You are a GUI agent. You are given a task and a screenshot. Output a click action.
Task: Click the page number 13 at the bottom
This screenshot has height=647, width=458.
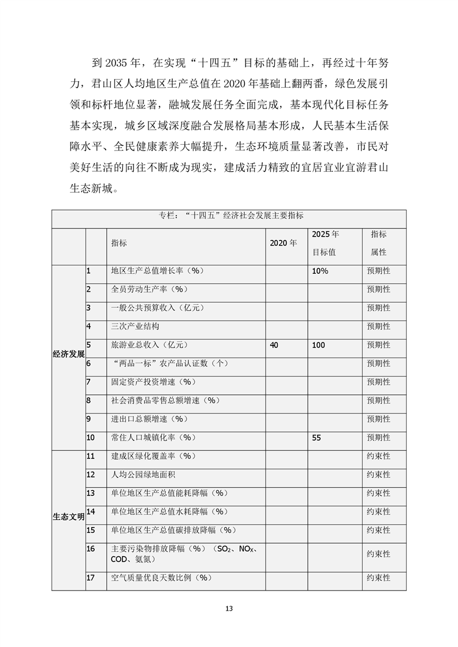point(229,608)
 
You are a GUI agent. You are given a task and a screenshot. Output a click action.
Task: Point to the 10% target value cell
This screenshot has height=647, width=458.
point(320,271)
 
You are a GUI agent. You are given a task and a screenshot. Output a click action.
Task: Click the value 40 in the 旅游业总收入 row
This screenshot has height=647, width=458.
point(274,345)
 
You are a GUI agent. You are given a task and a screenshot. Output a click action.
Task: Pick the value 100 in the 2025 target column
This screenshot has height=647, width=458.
point(318,345)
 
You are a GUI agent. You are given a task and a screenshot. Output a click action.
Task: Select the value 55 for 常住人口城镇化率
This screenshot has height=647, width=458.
point(316,438)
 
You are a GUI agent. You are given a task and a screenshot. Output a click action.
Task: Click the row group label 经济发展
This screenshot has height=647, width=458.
point(68,353)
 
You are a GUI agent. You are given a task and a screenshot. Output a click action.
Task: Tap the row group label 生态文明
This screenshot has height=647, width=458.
point(68,516)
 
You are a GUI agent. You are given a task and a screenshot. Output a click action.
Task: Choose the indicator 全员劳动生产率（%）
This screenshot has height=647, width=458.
point(150,289)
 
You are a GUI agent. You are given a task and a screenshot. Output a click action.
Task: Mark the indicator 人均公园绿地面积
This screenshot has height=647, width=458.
point(139,475)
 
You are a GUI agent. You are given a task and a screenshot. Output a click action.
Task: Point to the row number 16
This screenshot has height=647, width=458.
point(91,548)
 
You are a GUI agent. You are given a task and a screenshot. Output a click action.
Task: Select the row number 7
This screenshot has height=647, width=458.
point(89,382)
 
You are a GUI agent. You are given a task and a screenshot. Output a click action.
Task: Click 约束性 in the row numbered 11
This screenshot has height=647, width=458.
point(378,456)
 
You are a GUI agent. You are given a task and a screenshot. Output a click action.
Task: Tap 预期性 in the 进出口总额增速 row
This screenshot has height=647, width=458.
point(378,419)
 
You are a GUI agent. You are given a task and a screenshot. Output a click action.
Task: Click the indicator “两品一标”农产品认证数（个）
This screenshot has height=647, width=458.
point(169,363)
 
